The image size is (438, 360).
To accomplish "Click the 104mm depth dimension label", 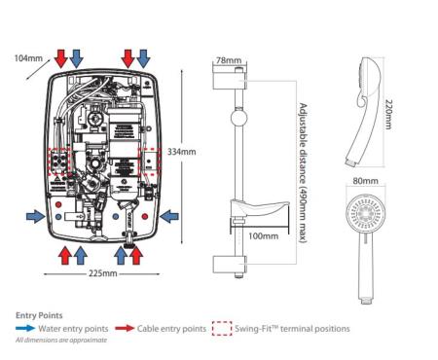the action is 28,58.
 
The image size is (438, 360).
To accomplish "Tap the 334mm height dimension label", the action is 182,152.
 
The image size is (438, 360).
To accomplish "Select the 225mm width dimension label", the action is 103,273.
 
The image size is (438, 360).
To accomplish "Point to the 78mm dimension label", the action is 229,60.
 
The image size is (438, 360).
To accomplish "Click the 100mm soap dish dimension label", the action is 263,235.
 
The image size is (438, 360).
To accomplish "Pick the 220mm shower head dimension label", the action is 388,114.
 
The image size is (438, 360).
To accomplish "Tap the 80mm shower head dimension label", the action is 365,181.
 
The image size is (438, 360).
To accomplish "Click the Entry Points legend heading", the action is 39,315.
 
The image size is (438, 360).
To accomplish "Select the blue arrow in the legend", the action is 25,328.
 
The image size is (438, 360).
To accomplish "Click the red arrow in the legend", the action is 125,328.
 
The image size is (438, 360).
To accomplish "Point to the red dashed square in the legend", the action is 222,328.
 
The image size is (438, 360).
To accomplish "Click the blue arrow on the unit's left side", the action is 36,216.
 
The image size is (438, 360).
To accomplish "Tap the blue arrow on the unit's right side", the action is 169,216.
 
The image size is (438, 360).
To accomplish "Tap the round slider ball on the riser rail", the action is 239,118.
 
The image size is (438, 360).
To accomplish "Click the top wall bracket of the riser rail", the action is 230,81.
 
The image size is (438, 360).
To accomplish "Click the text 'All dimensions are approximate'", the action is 61,341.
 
